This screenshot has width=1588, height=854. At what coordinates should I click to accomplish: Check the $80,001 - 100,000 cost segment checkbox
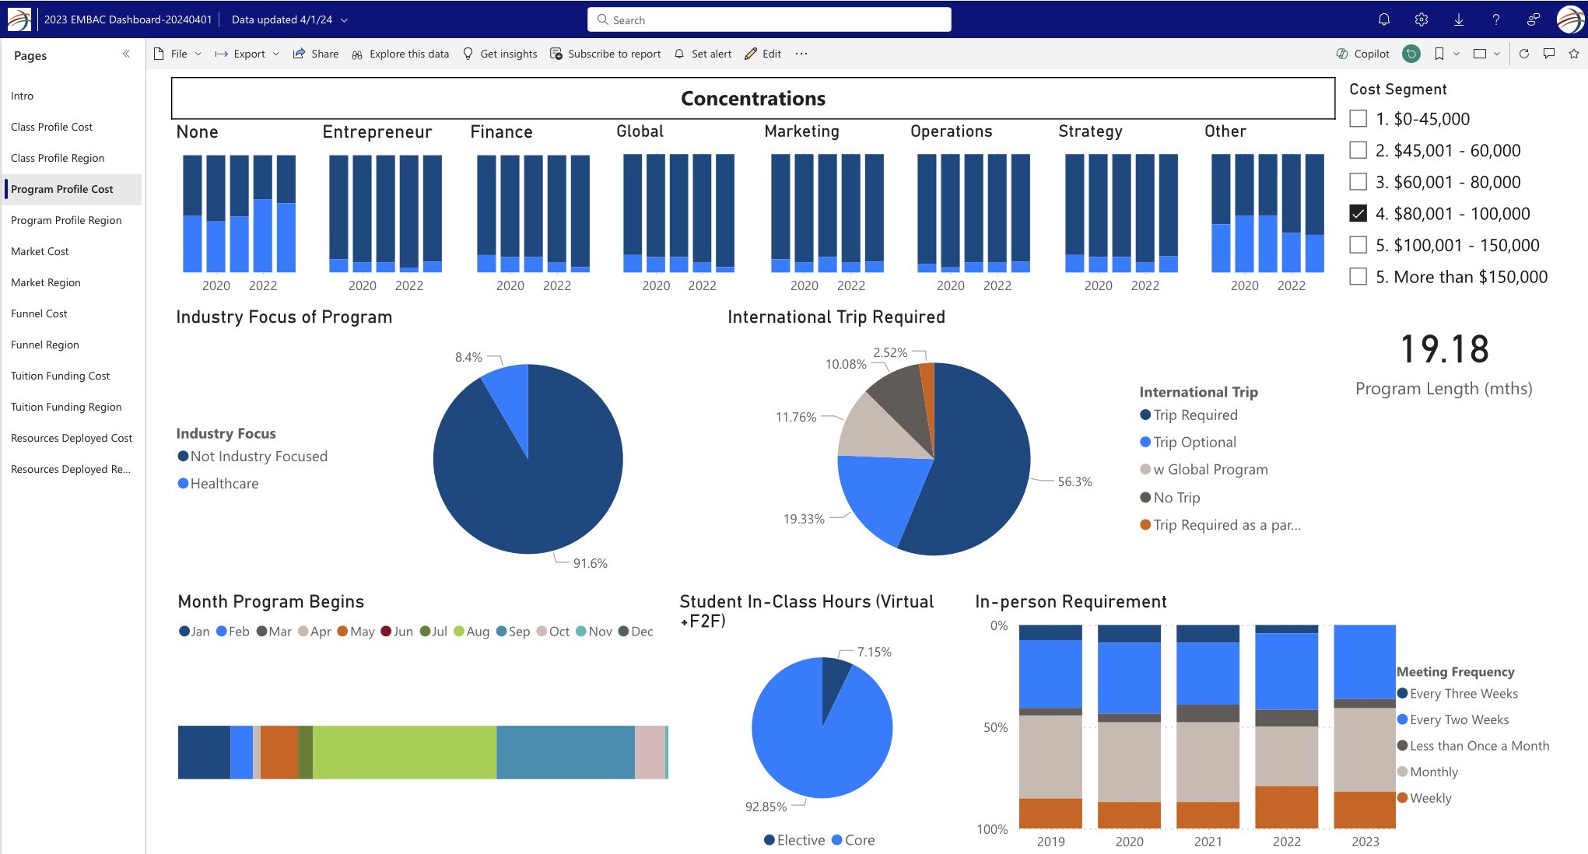(1358, 213)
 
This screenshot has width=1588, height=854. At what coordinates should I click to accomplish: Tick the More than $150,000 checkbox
(1358, 277)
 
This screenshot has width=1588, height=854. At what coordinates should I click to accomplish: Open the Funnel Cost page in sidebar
(39, 313)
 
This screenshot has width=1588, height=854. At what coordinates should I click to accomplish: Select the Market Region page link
(45, 282)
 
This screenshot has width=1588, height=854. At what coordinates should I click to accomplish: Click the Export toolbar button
(248, 54)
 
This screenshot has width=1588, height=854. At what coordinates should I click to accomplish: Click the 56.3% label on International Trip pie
(1074, 482)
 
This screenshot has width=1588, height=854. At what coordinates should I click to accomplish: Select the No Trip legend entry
(1176, 498)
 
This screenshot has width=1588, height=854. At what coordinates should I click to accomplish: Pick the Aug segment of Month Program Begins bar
(404, 752)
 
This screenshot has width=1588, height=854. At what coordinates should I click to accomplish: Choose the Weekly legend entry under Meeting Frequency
(1429, 798)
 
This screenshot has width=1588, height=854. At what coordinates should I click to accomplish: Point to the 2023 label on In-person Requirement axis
(1365, 842)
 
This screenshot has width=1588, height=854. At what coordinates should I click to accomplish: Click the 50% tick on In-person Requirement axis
(995, 727)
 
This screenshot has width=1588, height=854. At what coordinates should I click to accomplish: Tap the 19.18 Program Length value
(1444, 349)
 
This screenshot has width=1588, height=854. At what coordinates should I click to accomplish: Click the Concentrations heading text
(752, 99)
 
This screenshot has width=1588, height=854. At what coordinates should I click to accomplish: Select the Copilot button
(1363, 54)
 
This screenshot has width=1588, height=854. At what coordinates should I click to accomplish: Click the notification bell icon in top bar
(1383, 19)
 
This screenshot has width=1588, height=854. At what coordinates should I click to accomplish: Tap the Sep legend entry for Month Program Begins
(514, 632)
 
